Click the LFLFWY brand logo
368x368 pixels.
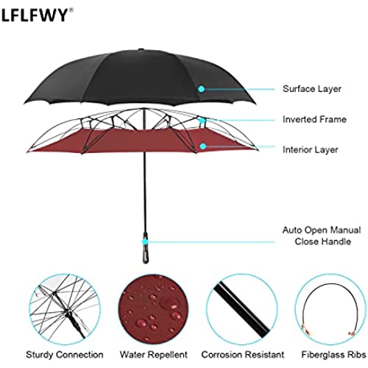point(35,15)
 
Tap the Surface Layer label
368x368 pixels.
point(312,89)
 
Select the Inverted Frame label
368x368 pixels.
point(314,119)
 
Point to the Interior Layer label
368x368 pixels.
point(311,150)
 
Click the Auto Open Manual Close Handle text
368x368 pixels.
point(322,236)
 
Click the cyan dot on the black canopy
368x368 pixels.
point(202,89)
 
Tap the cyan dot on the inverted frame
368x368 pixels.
point(202,120)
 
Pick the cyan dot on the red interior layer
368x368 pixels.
point(202,146)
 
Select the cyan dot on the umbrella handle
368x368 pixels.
point(145,241)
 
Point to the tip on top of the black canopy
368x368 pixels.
point(141,49)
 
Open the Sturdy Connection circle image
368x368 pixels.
point(65,309)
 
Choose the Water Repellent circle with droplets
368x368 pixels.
point(153,309)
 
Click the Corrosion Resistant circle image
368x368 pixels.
point(242,309)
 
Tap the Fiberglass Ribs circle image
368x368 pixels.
point(330,309)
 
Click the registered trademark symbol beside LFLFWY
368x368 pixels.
point(71,10)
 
